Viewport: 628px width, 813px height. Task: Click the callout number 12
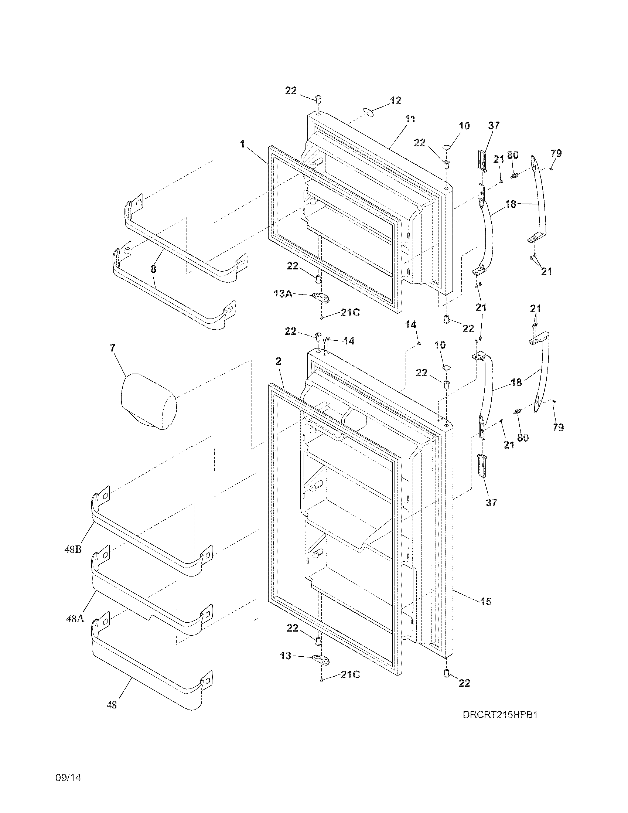point(396,101)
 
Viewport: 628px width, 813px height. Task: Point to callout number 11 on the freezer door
point(410,119)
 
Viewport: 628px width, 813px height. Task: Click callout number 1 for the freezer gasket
point(242,144)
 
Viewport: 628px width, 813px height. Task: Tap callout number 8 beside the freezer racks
point(153,269)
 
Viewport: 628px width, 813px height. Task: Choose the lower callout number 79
point(558,428)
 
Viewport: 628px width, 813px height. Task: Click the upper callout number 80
point(513,155)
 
